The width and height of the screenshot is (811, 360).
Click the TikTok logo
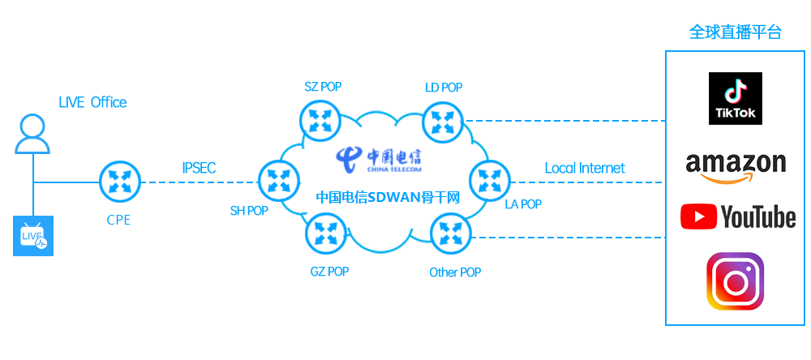coord(736,98)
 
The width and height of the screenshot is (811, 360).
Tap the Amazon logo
coord(736,166)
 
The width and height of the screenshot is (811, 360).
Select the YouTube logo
coord(738,216)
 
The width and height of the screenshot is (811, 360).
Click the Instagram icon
coord(736,281)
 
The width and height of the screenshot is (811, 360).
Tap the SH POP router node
coord(278,180)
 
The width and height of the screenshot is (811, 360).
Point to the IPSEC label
coord(200,169)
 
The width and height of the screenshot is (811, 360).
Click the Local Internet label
coord(585,168)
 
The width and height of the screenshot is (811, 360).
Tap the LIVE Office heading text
coord(92,102)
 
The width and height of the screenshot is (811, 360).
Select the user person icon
coord(33,134)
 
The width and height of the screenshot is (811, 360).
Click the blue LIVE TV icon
coord(33,236)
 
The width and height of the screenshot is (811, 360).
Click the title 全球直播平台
coord(736,32)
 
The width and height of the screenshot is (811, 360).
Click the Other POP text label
coord(455,272)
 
